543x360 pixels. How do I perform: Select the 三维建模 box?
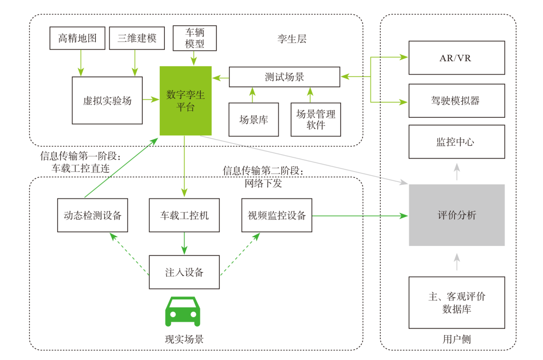[x=137, y=38]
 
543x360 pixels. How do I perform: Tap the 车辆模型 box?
[x=195, y=38]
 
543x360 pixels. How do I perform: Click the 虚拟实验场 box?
[x=107, y=100]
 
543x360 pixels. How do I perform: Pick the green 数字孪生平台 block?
[x=185, y=101]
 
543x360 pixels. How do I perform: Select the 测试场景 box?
[x=285, y=77]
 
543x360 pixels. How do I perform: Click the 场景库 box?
[x=253, y=120]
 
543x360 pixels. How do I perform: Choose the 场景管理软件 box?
[x=316, y=120]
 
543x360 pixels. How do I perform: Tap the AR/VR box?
[x=457, y=57]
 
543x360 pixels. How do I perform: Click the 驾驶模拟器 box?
[x=457, y=101]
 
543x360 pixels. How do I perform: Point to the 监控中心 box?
[x=457, y=142]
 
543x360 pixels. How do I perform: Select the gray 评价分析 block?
[x=457, y=215]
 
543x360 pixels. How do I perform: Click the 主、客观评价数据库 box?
[x=457, y=303]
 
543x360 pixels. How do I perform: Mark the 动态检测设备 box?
[x=93, y=215]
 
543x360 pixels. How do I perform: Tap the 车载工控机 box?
[x=185, y=215]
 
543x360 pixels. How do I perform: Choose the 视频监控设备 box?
[x=277, y=215]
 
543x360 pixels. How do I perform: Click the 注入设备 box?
[x=185, y=272]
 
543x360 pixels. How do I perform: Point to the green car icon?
[x=182, y=311]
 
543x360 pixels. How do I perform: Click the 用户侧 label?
[x=456, y=339]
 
